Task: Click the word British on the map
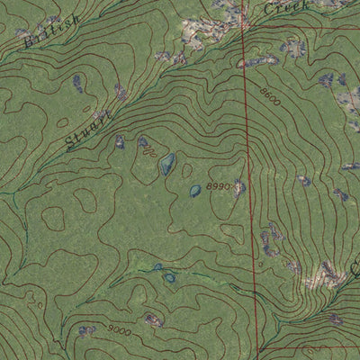[53, 30]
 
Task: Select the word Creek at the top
[286, 7]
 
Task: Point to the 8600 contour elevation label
[267, 96]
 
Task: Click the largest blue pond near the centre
[167, 164]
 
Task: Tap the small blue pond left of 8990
[195, 191]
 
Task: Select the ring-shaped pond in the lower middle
[169, 277]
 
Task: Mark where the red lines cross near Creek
[244, 27]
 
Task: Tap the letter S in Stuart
[71, 144]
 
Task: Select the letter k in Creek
[304, 4]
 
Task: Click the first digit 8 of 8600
[260, 90]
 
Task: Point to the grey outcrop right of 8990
[238, 188]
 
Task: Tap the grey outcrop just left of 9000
[87, 331]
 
